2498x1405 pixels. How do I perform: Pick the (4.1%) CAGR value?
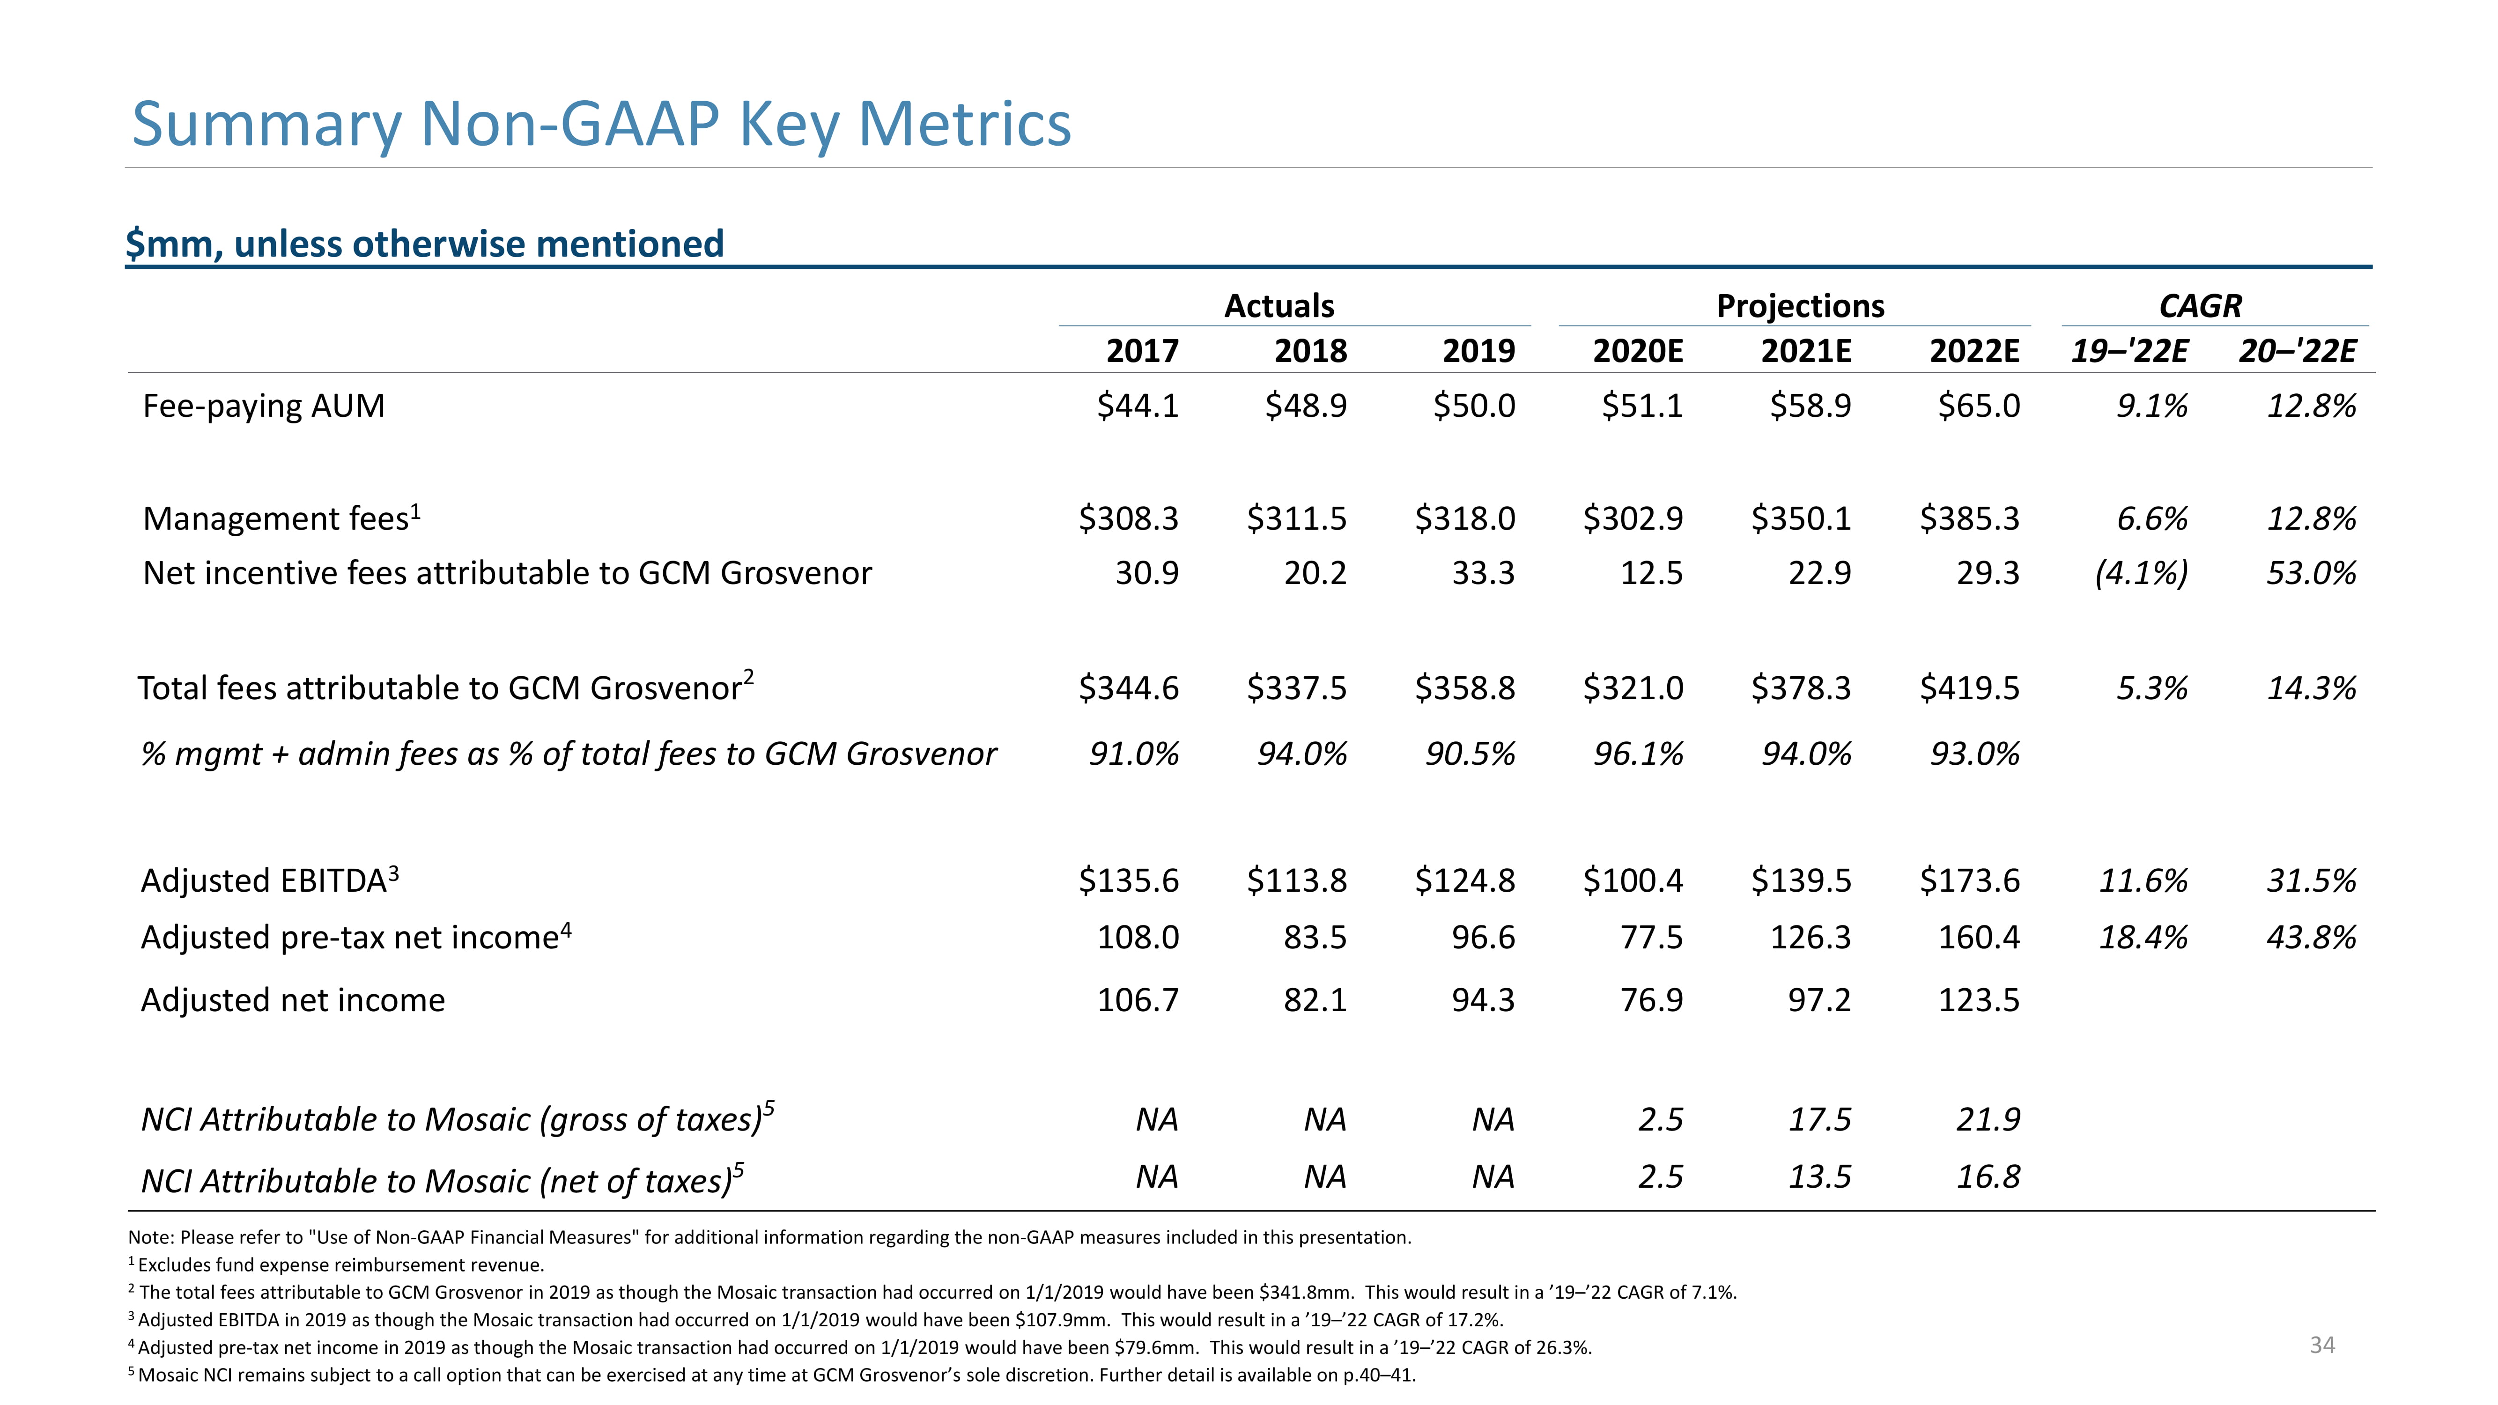pos(2141,573)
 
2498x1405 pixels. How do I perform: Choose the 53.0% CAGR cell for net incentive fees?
pos(2311,573)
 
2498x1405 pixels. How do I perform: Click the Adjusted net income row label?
pos(293,1000)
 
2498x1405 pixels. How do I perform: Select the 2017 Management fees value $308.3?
pos(1129,519)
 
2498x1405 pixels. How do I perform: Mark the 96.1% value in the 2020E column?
pos(1638,754)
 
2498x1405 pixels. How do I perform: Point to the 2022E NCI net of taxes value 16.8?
pos(1988,1177)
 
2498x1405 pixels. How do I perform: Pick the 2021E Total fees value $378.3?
pos(1801,688)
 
